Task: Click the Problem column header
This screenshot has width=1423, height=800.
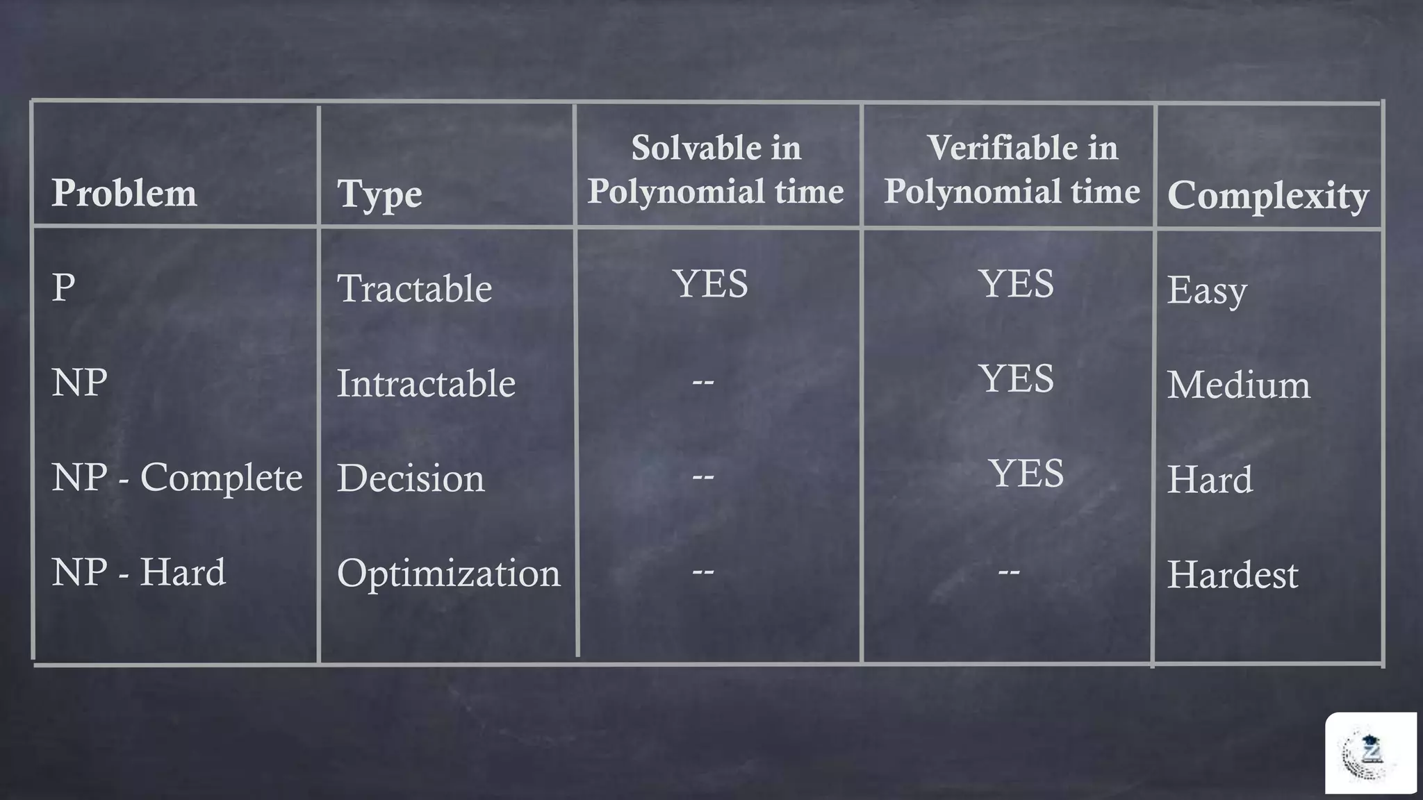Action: click(124, 192)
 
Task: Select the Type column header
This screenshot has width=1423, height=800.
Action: click(379, 194)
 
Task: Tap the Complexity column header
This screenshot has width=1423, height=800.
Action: click(1267, 195)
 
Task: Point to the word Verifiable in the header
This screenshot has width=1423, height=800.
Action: click(998, 147)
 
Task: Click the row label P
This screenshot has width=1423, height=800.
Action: click(63, 287)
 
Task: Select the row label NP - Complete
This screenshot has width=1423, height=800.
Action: click(176, 478)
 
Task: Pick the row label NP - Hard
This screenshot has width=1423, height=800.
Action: click(138, 572)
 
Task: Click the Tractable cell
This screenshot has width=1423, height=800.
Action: click(414, 288)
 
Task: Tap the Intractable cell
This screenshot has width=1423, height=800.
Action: click(426, 383)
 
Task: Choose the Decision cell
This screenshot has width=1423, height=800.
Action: click(410, 478)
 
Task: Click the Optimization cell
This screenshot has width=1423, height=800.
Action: click(448, 574)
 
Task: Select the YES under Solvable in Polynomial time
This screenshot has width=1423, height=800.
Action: click(710, 283)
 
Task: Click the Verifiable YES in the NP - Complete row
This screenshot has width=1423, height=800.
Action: click(1026, 474)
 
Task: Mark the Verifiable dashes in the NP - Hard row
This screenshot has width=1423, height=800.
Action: click(1008, 572)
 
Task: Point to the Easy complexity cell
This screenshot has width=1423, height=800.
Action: click(1206, 290)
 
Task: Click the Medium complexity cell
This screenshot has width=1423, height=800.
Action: click(1238, 385)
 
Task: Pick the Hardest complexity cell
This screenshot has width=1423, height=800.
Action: click(1232, 575)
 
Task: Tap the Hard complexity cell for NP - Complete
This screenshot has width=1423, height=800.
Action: click(1209, 480)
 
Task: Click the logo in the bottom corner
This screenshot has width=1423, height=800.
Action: click(1369, 753)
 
